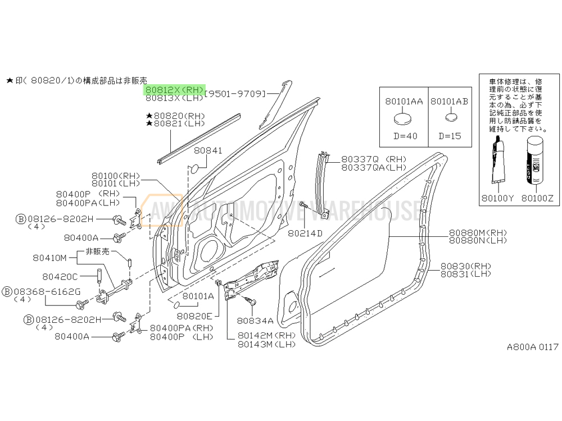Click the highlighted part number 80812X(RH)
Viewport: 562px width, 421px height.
[174, 89]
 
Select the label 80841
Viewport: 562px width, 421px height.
[209, 151]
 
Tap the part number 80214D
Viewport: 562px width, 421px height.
[305, 233]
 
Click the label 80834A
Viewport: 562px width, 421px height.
[255, 321]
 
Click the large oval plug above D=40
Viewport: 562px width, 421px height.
[403, 118]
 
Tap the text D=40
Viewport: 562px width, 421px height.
[403, 136]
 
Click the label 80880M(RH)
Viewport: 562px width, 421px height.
[478, 232]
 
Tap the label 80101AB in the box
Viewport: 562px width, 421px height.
[450, 102]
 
